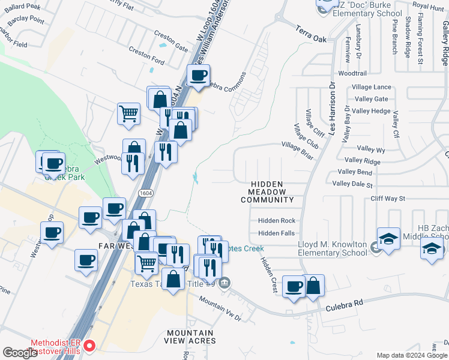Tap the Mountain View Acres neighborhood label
tap(190, 337)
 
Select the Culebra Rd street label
tap(345, 304)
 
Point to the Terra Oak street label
tap(311, 33)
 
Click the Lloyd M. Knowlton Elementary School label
tap(333, 248)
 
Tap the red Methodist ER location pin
tap(89, 346)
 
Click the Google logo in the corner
tap(20, 353)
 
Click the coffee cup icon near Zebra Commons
tap(198, 76)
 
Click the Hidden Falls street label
tap(276, 233)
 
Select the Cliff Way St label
tap(388, 198)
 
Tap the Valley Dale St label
tap(352, 185)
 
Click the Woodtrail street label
tap(352, 73)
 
